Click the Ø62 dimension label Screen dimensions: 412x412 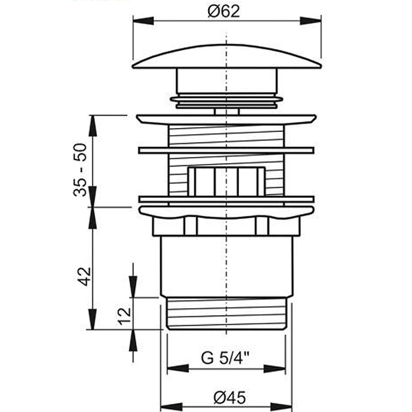[224, 12]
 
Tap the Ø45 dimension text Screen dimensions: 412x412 [230, 398]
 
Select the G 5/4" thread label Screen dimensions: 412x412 [225, 358]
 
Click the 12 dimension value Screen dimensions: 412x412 [124, 316]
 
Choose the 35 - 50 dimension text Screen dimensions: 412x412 [80, 170]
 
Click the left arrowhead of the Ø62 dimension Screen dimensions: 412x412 [144, 21]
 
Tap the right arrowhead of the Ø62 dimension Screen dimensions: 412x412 [311, 21]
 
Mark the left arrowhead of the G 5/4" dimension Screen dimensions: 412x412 [178, 368]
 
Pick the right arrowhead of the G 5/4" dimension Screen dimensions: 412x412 [274, 368]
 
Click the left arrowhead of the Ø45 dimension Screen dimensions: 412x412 [171, 406]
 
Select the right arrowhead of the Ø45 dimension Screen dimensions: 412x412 [281, 406]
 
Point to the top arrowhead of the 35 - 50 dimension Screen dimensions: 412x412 [93, 126]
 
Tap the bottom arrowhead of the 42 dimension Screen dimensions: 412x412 [93, 319]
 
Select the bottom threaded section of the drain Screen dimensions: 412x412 [227, 313]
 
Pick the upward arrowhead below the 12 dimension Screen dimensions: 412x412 [133, 340]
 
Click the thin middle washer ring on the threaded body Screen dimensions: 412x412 [226, 150]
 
